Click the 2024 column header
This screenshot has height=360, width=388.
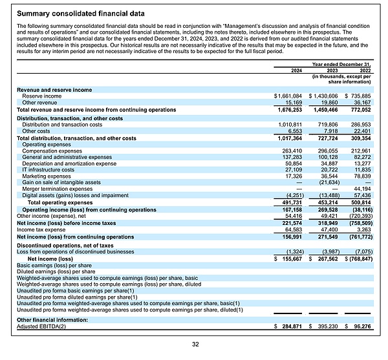(x=296, y=70)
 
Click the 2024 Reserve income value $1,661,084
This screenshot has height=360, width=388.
(x=290, y=96)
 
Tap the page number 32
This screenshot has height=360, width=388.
(x=195, y=345)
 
